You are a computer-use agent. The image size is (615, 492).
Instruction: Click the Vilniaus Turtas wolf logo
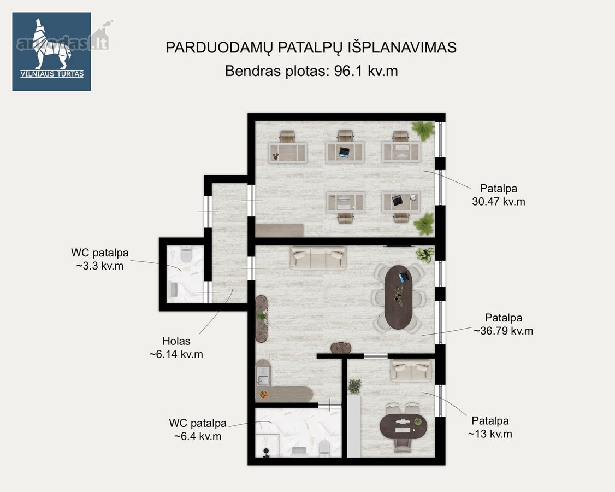pos(51,51)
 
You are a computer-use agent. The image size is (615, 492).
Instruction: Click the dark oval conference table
pos(399,297)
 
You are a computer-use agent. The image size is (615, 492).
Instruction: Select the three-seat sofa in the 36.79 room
pos(318,257)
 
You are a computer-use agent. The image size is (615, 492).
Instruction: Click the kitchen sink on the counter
pos(263,380)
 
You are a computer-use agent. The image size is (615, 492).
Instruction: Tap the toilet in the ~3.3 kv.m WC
pos(186,254)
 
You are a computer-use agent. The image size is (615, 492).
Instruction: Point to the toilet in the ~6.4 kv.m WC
pos(324,449)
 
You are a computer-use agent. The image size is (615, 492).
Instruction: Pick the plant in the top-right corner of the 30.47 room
pos(423,131)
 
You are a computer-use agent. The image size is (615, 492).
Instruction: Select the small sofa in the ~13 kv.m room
pos(411,370)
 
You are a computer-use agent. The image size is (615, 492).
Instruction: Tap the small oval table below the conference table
pos(340,348)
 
